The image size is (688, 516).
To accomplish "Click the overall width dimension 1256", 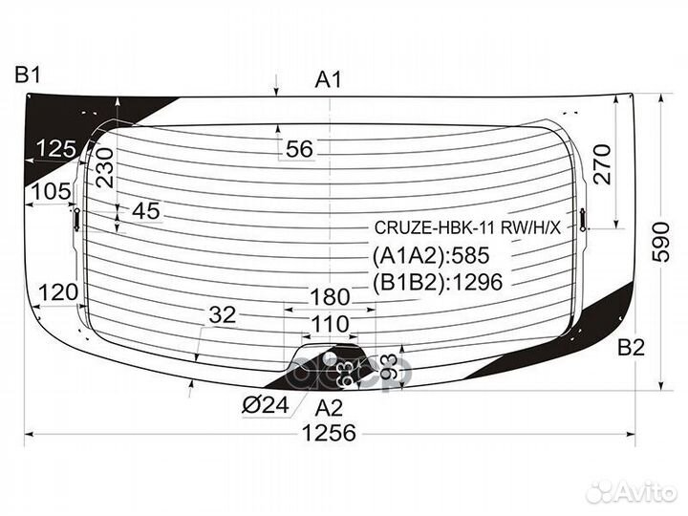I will point(329,433).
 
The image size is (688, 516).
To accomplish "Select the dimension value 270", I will point(600,164).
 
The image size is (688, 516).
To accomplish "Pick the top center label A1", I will point(329,80).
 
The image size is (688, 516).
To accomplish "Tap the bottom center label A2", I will point(329,407).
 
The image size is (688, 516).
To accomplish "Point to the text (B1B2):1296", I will point(437,282).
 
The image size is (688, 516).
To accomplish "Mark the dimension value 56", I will point(299,149).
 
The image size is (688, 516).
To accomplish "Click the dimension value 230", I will point(105,165).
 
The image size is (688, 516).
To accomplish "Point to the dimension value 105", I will point(51,192).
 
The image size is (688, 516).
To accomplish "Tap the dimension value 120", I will point(58,292).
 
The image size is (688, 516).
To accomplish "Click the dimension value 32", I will point(222,314).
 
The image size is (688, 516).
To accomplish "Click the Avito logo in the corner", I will point(632,491).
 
